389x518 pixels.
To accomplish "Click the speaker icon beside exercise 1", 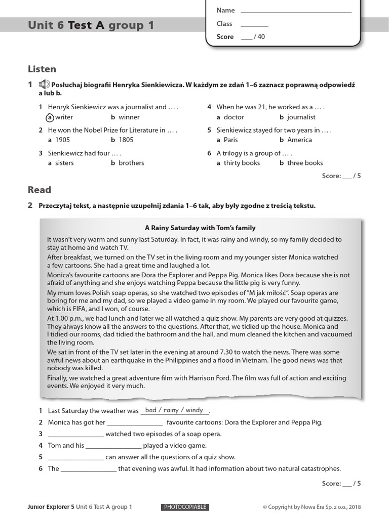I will tap(44, 84).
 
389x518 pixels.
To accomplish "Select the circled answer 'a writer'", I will tap(60, 117).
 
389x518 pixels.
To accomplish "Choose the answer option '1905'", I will tap(62, 140).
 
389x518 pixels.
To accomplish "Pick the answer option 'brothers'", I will tap(131, 163).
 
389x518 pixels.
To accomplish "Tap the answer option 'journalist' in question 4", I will tap(301, 117).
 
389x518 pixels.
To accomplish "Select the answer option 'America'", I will tap(299, 140).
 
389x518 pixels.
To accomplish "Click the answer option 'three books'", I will tap(304, 163).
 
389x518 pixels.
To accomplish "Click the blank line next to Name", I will tap(296, 11).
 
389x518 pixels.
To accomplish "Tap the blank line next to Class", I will tap(254, 24).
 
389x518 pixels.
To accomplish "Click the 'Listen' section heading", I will tap(42, 69).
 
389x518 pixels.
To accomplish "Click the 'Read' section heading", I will tap(40, 190).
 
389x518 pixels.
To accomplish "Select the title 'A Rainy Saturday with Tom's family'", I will tap(200, 228).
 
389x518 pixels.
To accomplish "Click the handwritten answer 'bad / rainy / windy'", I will tap(174, 410).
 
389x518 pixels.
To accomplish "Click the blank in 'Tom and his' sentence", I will tap(113, 446).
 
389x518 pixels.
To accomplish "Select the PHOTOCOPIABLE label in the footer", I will tap(185, 507).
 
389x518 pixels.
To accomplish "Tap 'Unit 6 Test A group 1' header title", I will tap(91, 25).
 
